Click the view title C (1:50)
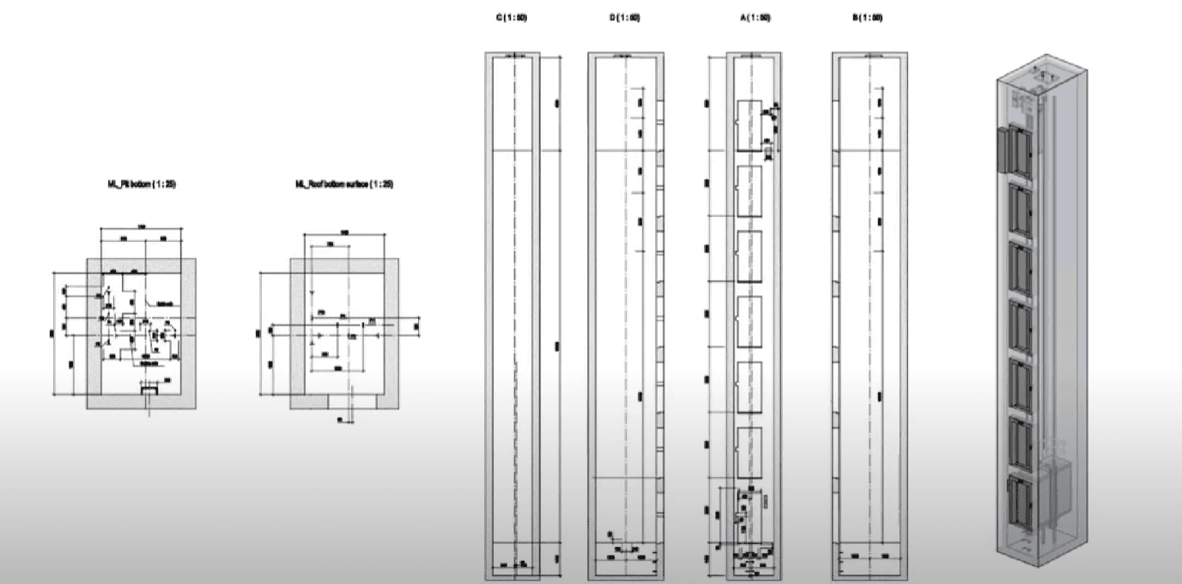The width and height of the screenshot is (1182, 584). coord(511,18)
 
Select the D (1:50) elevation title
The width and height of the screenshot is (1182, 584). coord(625,18)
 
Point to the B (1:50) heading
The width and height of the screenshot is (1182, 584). coord(868,18)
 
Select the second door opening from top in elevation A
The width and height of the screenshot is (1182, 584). coord(750,192)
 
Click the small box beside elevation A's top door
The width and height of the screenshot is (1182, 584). coord(768,152)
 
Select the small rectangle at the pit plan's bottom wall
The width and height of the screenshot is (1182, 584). coord(149,390)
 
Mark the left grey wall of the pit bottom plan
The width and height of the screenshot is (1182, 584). coord(94,334)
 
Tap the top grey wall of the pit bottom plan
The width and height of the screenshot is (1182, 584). coord(142,265)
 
